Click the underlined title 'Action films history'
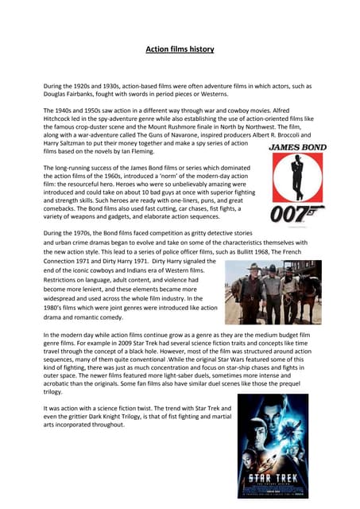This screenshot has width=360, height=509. pyautogui.click(x=180, y=49)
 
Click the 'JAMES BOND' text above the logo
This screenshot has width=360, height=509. pyautogui.click(x=296, y=147)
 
